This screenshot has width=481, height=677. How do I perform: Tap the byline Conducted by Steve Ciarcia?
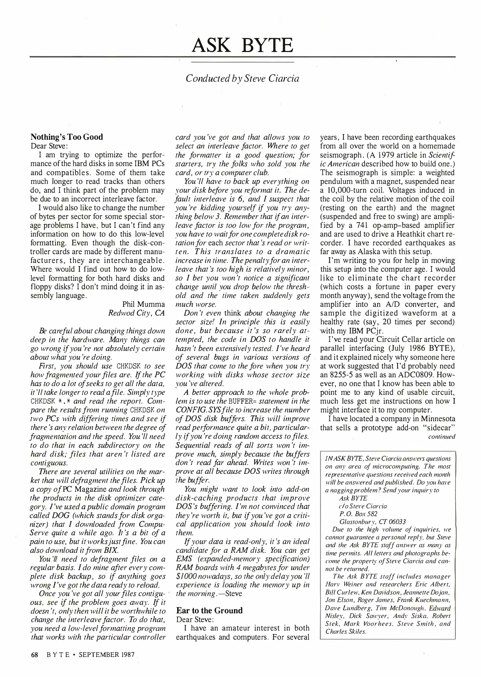pyautogui.click(x=242, y=78)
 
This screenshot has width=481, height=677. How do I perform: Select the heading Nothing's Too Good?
pyautogui.click(x=67, y=137)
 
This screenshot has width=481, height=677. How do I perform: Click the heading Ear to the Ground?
pyautogui.click(x=209, y=610)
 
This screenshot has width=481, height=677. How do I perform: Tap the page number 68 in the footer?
pyautogui.click(x=34, y=655)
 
